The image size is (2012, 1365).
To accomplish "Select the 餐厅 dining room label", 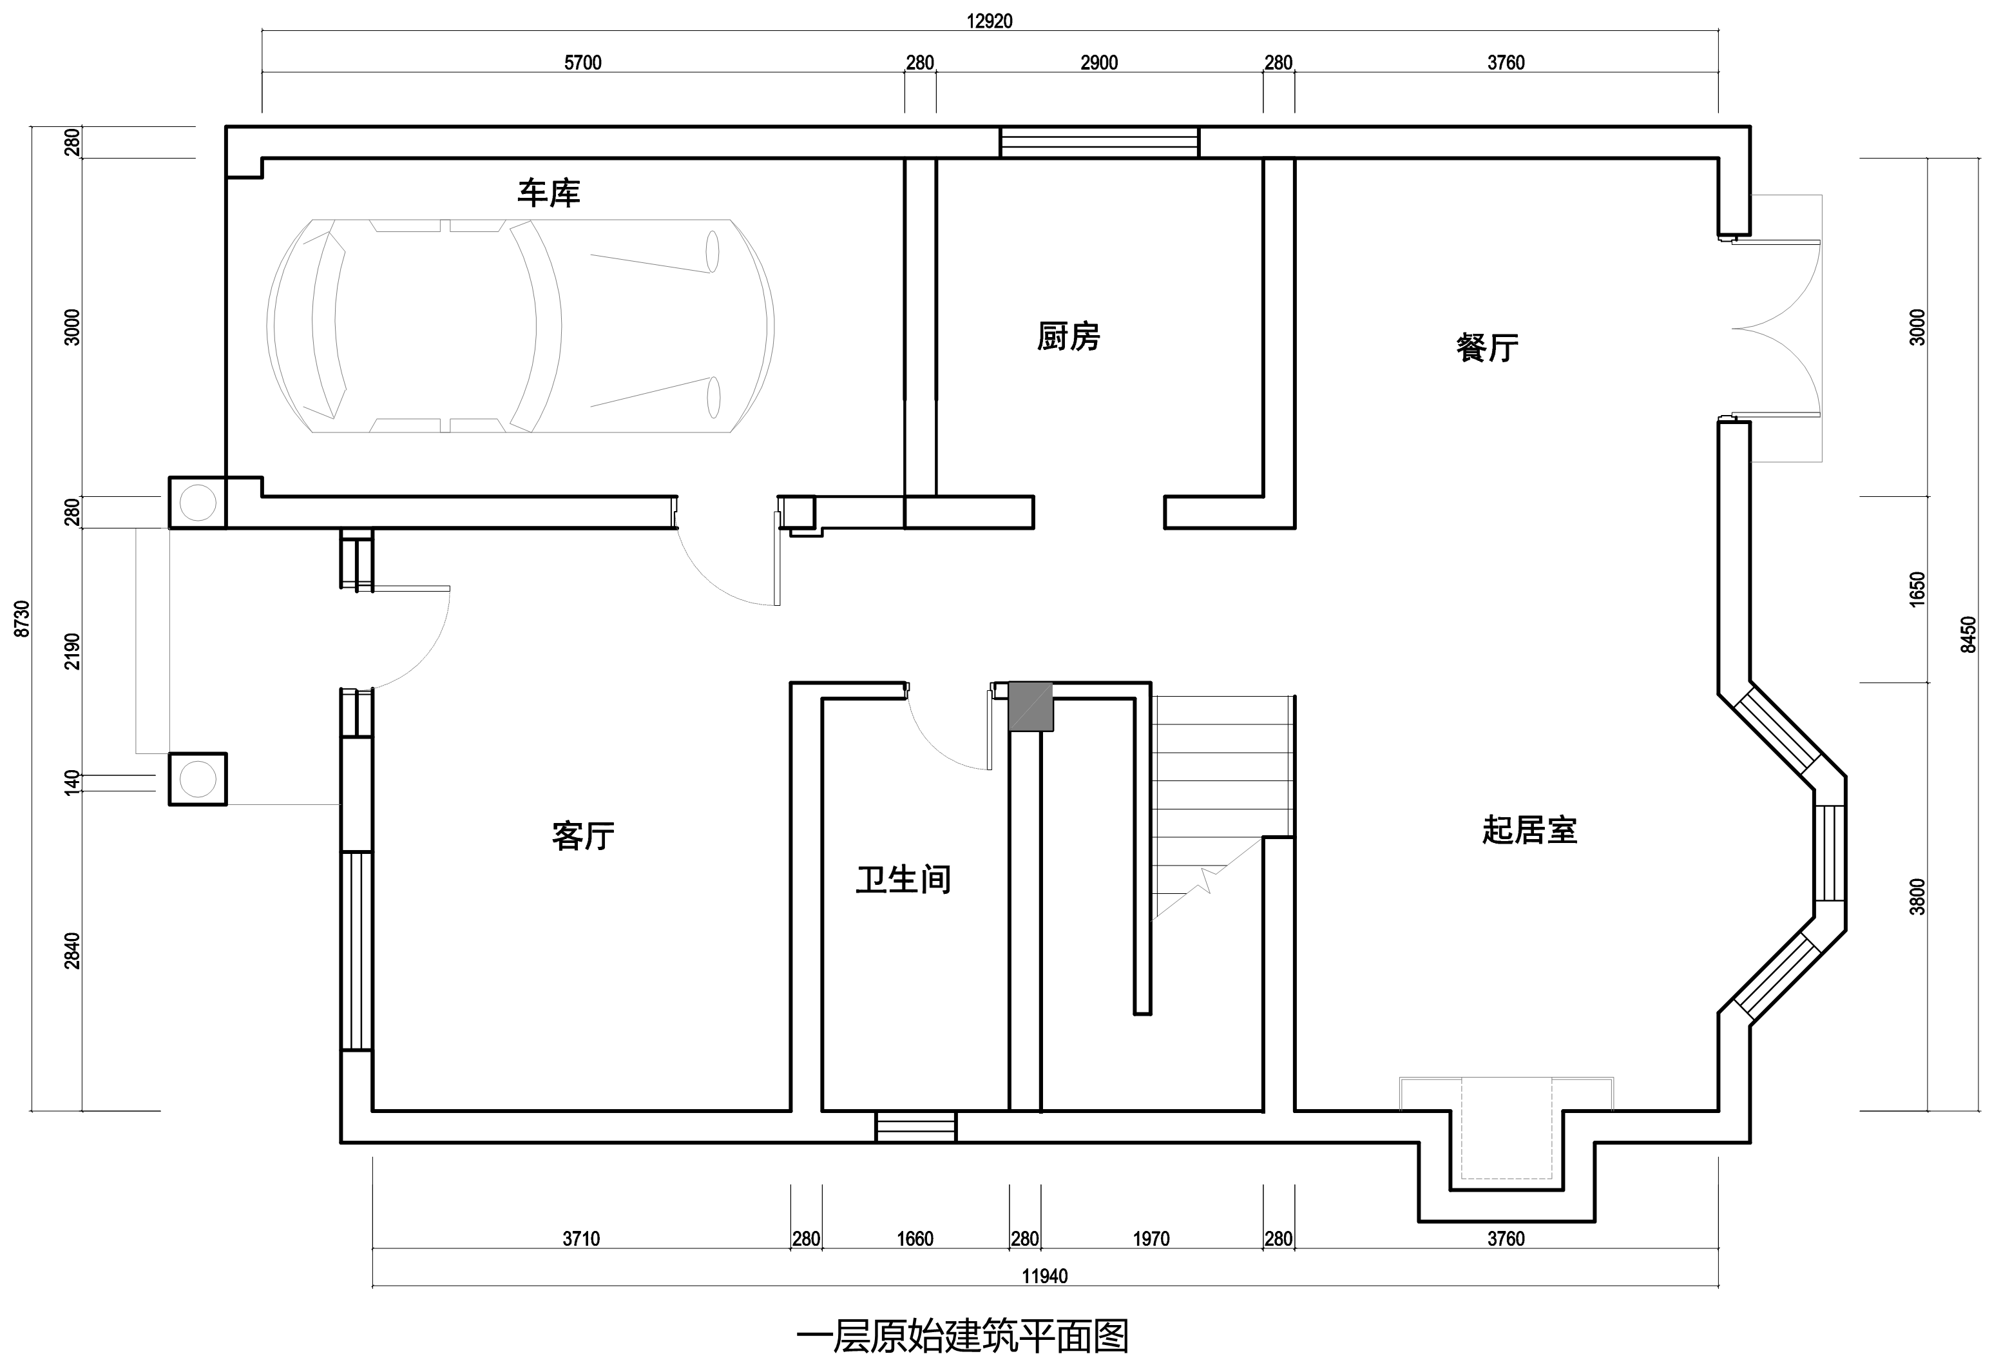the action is [x=1488, y=347].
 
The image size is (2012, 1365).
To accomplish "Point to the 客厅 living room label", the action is [x=582, y=836].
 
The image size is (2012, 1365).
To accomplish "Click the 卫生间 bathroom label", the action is [x=903, y=879].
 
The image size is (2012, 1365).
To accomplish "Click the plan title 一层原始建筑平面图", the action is [x=962, y=1337].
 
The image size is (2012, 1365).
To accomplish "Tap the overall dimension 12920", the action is [x=990, y=21].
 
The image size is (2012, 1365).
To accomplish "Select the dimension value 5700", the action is [x=582, y=63].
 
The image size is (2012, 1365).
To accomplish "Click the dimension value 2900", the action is [x=1098, y=63].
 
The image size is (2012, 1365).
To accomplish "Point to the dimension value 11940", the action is [x=1045, y=1276].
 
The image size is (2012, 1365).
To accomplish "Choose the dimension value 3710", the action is [x=581, y=1239].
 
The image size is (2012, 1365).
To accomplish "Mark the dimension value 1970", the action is [x=1151, y=1239].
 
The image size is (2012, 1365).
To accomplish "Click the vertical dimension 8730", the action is [x=23, y=619].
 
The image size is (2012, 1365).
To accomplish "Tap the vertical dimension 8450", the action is [x=1969, y=634].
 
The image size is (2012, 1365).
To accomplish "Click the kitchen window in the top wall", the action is [x=1100, y=142].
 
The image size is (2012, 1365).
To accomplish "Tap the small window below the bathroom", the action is [x=916, y=1127].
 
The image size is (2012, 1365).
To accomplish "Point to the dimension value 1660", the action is [x=915, y=1239].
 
